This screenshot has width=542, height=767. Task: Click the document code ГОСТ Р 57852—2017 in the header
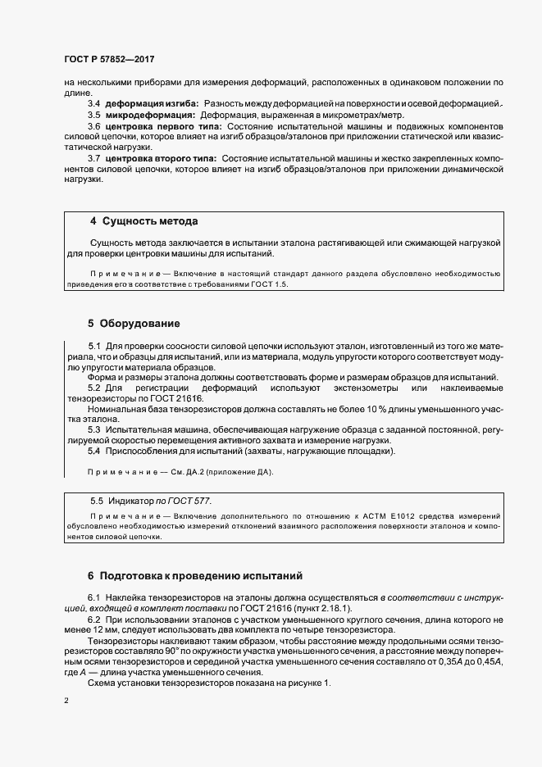click(109, 60)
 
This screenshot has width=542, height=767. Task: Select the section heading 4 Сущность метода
click(143, 221)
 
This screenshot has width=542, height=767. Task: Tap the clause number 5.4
click(93, 451)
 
